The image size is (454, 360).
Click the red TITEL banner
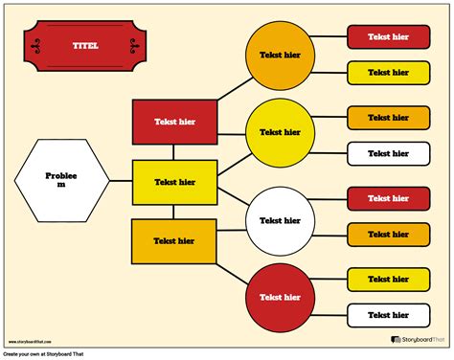(x=86, y=47)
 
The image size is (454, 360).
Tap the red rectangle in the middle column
(x=174, y=122)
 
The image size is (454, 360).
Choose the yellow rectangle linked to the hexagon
(x=174, y=181)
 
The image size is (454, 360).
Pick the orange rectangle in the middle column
(x=174, y=240)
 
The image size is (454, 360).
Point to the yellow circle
(x=280, y=132)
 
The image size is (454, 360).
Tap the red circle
(x=280, y=296)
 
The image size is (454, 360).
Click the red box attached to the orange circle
(x=388, y=36)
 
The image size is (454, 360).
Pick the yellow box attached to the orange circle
(x=388, y=72)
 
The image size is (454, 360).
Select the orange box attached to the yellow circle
(x=388, y=117)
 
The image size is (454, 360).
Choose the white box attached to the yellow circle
(x=388, y=152)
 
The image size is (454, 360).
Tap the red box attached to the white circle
(x=388, y=198)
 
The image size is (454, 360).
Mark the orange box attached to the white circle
(x=388, y=234)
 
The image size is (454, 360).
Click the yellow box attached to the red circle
(x=388, y=279)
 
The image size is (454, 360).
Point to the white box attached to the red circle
(x=388, y=314)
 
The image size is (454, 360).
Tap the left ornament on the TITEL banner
(x=36, y=47)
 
